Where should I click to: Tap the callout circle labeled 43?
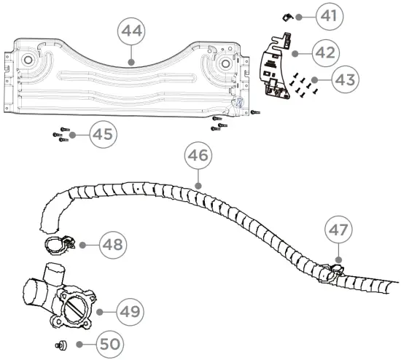(x=324, y=80)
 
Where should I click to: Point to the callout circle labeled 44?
(x=131, y=34)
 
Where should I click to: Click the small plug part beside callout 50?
(x=60, y=343)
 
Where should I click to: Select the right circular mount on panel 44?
(x=222, y=64)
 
